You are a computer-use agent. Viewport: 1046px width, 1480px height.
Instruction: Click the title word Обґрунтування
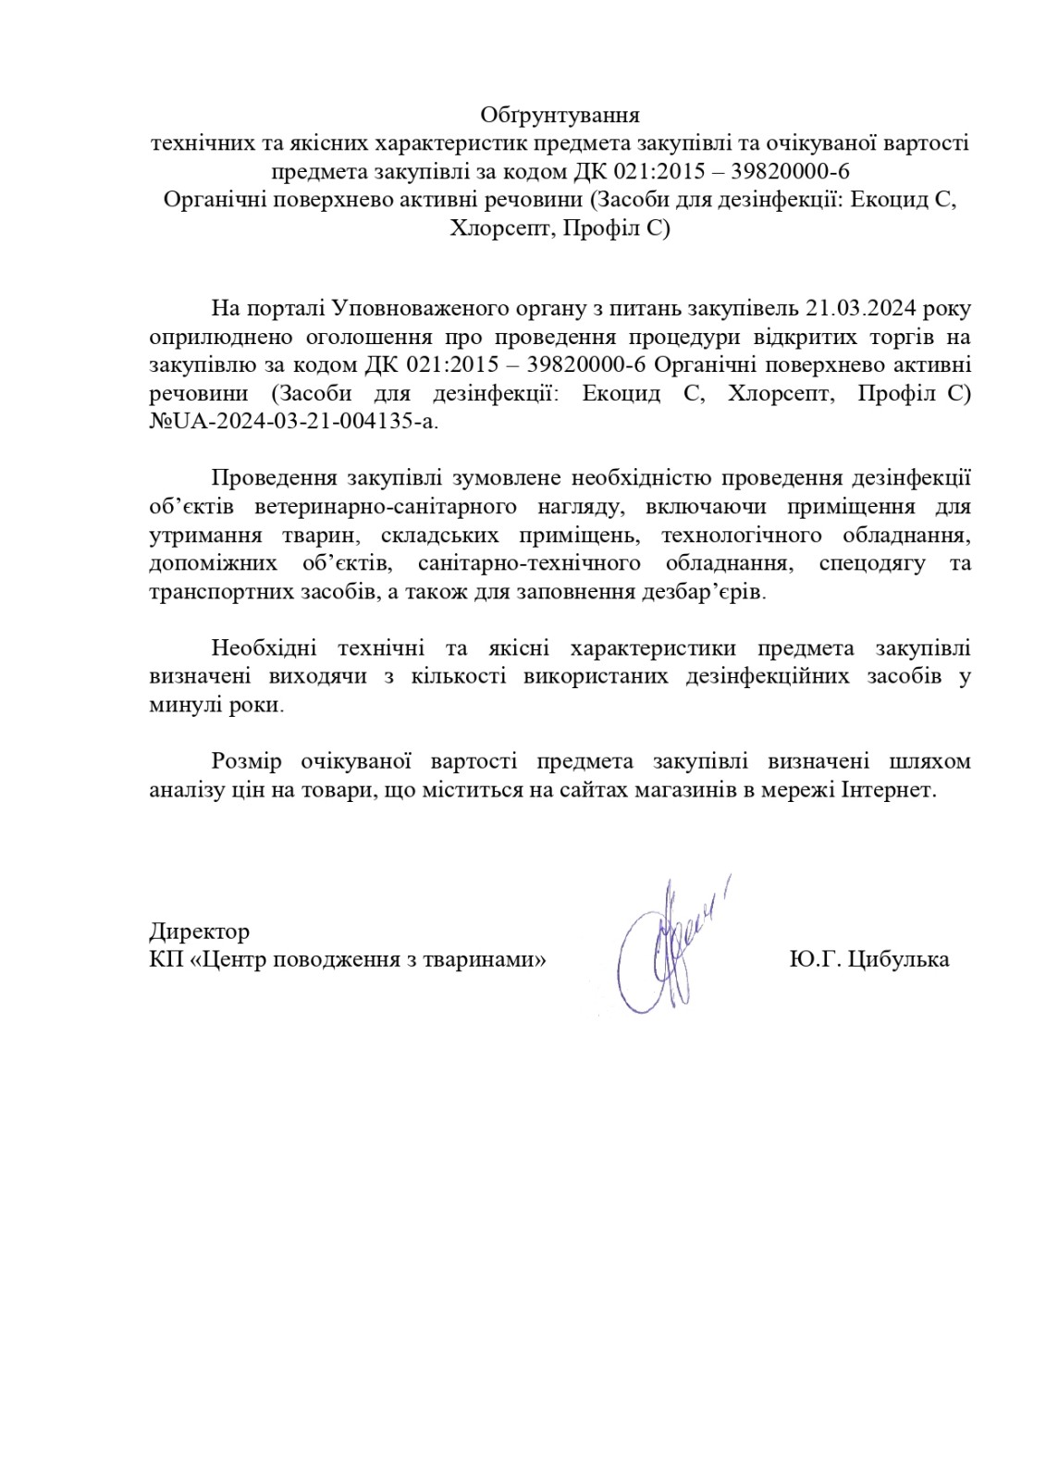pos(560,116)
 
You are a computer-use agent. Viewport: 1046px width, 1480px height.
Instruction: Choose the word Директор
pos(199,931)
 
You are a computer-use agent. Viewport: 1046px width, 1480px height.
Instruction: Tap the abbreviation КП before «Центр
pos(163,959)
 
